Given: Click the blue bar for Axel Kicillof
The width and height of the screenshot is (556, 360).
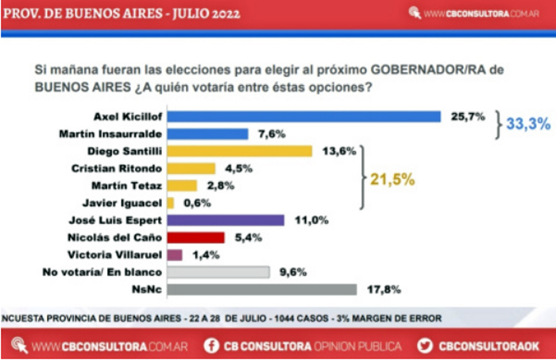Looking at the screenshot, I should (x=303, y=116).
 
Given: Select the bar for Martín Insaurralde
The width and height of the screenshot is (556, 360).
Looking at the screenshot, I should (x=207, y=134).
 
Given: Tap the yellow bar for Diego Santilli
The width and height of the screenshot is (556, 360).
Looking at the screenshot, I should (x=240, y=151).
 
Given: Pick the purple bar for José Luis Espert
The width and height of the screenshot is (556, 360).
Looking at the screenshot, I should (x=226, y=220).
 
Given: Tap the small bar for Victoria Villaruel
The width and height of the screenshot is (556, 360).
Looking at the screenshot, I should (x=175, y=255).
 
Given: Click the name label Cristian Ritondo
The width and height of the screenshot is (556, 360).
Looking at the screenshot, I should (x=117, y=168).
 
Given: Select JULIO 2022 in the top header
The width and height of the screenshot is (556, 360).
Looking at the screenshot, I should (x=195, y=13).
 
